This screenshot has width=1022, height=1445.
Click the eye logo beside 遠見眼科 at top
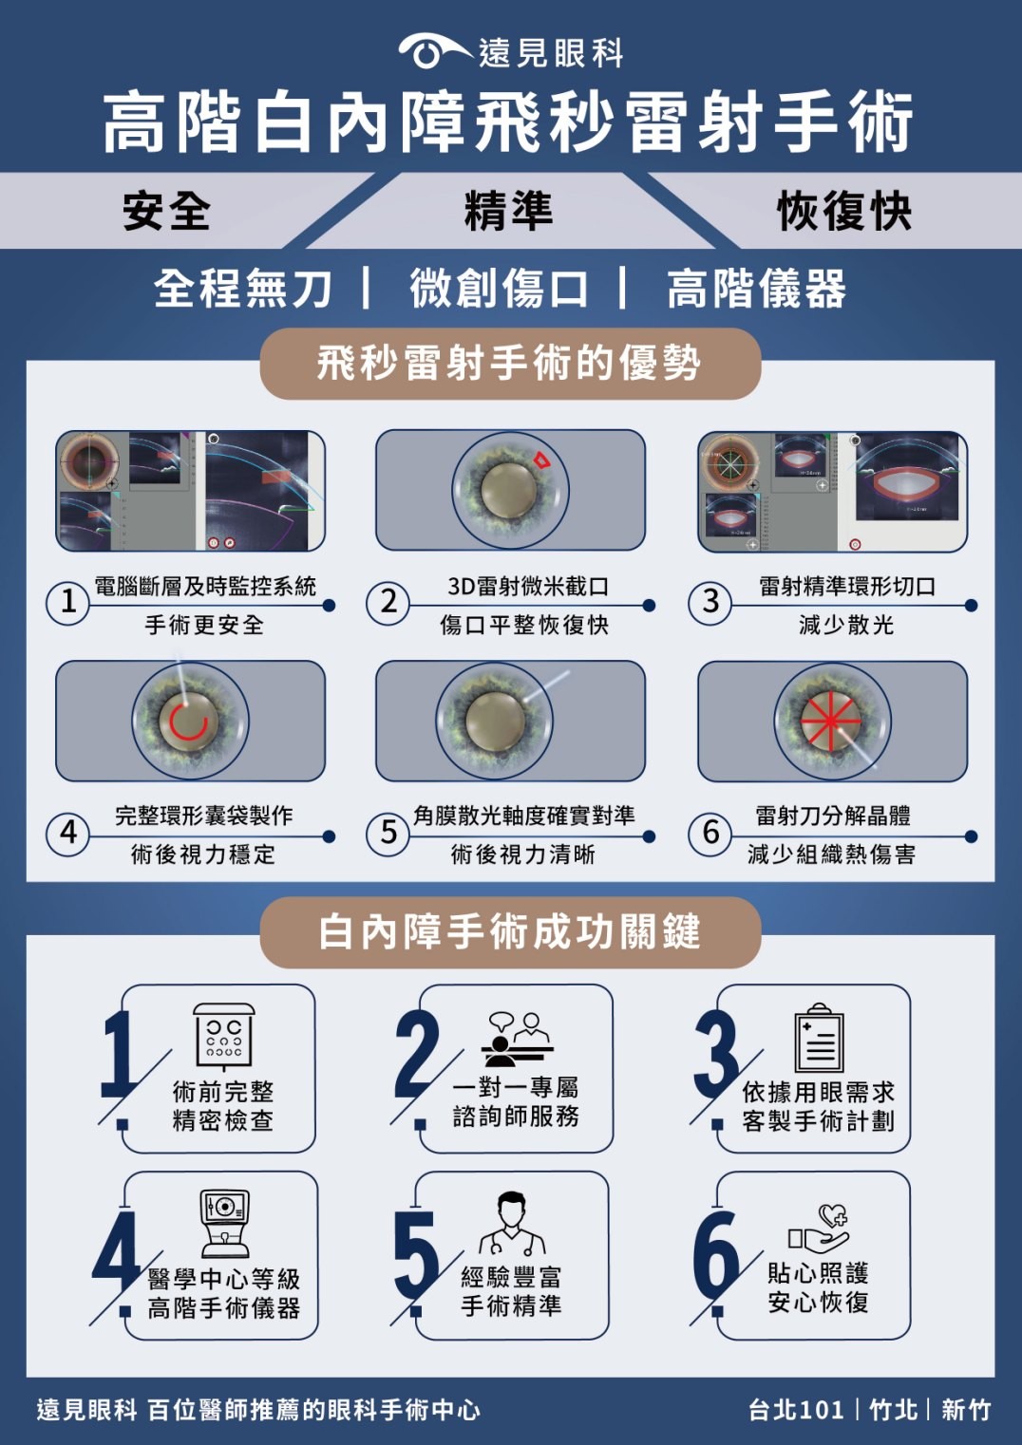[x=434, y=51]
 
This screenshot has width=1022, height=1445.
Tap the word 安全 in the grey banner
[x=166, y=211]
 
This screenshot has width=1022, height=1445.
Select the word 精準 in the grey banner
[x=509, y=211]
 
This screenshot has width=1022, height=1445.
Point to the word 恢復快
[x=844, y=211]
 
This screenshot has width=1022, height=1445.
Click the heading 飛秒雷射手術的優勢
[x=509, y=364]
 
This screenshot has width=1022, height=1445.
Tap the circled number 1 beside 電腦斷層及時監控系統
[x=67, y=603]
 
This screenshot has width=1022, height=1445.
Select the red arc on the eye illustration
[x=189, y=722]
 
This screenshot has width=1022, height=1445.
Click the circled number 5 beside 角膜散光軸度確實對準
[x=388, y=834]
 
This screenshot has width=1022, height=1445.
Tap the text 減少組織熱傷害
[x=832, y=854]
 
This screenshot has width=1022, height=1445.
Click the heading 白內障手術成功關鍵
[x=509, y=932]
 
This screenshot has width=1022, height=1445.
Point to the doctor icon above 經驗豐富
[x=512, y=1223]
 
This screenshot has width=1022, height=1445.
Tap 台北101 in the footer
[x=796, y=1410]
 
